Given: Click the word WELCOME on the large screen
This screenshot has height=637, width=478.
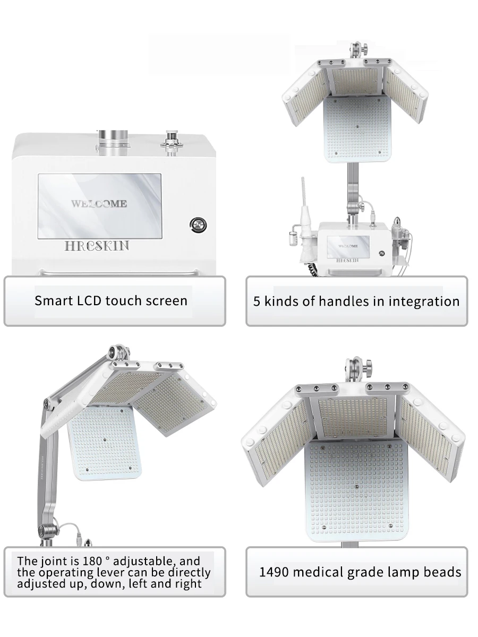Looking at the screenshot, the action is point(99,203).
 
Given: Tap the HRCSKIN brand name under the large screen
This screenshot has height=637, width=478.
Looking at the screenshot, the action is point(97,246).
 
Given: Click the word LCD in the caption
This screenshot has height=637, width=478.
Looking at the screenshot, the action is point(91,300).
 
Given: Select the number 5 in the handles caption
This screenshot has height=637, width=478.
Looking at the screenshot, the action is point(257,302).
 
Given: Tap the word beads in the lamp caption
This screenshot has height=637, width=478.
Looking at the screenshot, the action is point(442,572).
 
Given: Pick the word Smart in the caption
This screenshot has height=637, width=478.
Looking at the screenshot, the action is point(53,300).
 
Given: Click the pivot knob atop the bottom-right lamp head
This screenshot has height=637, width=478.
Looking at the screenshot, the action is point(355,367).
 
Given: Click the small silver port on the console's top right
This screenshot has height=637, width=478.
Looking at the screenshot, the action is point(172,139).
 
